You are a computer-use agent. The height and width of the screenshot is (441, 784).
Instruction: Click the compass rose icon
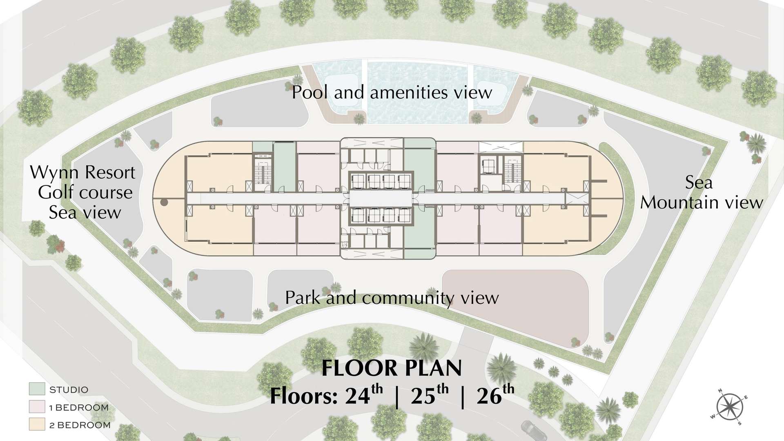click(x=729, y=407)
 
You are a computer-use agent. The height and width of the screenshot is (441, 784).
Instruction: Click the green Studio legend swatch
click(x=37, y=389)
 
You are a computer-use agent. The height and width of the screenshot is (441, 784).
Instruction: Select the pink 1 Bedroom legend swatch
click(x=37, y=407)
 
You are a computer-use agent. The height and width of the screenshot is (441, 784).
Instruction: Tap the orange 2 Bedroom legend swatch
click(x=37, y=424)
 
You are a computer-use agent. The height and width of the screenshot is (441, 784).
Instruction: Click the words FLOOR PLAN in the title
click(x=392, y=368)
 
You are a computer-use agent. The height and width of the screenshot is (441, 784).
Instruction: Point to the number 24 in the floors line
click(x=357, y=396)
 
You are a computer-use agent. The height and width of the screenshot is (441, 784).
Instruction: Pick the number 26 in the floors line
click(x=489, y=396)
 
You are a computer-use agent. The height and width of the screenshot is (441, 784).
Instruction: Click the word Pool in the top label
click(x=310, y=92)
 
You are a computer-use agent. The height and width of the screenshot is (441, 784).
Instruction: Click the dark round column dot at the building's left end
click(x=164, y=202)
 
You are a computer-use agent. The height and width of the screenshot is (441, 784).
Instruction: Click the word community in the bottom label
click(x=408, y=299)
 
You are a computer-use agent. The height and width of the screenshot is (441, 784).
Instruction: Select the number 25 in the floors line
click(x=423, y=396)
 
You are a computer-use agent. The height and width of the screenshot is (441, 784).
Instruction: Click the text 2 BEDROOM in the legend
click(x=80, y=425)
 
